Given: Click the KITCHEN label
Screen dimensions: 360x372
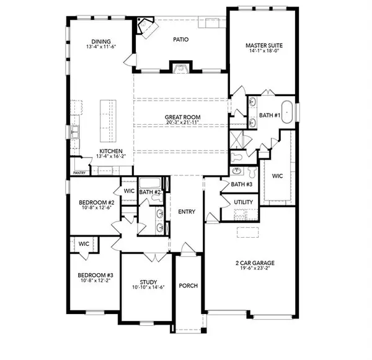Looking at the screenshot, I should pyautogui.click(x=111, y=151).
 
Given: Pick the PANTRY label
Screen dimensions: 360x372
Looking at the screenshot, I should pyautogui.click(x=79, y=173).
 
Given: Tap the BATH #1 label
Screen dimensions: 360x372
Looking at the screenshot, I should pyautogui.click(x=270, y=116).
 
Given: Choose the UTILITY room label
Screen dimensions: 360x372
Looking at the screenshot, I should pyautogui.click(x=242, y=202).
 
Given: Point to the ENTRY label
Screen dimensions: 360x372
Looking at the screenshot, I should pyautogui.click(x=187, y=212).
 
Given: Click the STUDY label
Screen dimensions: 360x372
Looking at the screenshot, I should pyautogui.click(x=149, y=281).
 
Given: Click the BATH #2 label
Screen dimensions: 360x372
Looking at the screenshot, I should pyautogui.click(x=149, y=192).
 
